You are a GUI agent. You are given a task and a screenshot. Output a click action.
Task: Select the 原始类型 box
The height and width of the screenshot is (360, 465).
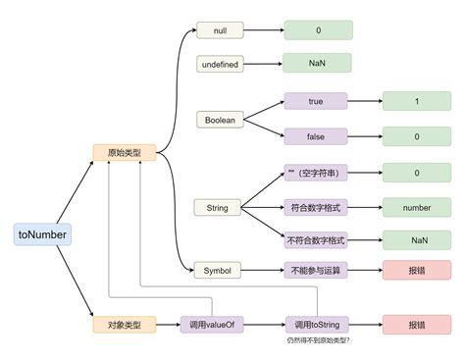point(124,152)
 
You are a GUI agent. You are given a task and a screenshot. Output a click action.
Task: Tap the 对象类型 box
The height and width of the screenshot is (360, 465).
point(124,324)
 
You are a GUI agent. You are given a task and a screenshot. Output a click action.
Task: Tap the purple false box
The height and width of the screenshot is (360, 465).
point(316,136)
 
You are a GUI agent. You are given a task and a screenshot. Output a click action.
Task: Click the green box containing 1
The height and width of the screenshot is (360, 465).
point(417,100)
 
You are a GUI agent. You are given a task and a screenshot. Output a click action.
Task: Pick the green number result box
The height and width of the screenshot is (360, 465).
point(417,208)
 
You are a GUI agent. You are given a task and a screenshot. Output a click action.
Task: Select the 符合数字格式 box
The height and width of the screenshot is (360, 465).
point(316,208)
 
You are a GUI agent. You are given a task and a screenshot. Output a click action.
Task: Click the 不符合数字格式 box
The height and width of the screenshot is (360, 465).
point(316,239)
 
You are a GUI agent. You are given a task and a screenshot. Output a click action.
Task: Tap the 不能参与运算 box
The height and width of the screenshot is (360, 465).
point(316,270)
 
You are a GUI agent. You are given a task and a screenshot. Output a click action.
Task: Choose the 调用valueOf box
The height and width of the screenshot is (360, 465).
point(212,324)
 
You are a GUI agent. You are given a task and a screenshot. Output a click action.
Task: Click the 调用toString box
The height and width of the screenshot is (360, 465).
point(316,324)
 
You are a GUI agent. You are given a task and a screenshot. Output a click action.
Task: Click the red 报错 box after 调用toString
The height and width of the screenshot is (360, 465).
point(417,324)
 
